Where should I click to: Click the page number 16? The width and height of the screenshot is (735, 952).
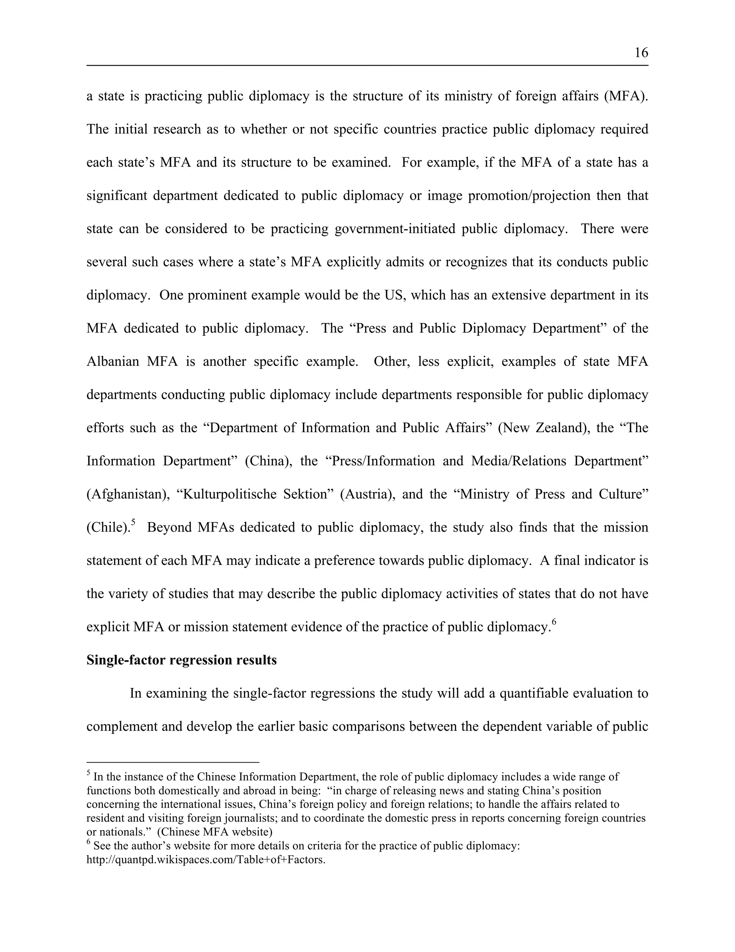[x=641, y=53]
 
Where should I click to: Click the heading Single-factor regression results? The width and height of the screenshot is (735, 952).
[x=182, y=660]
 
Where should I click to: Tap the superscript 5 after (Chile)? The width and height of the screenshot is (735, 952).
[x=133, y=522]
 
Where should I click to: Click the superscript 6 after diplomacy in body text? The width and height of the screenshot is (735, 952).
[x=554, y=621]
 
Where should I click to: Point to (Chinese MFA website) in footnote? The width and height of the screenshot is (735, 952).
[x=214, y=832]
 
